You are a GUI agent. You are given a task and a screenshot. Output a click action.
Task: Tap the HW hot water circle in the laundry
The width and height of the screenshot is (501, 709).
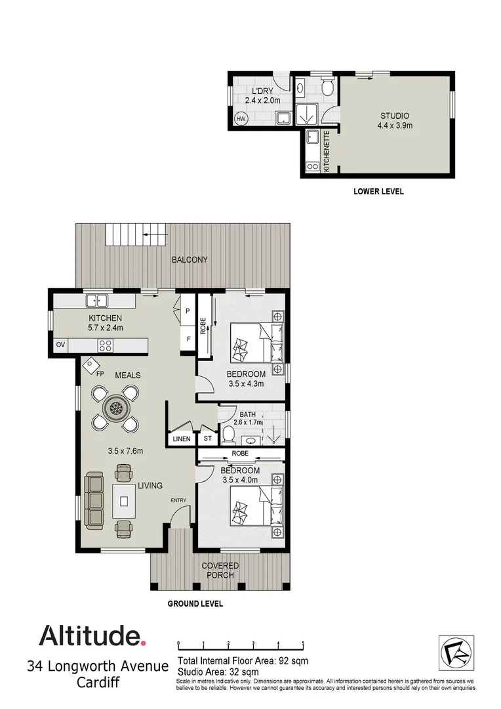(241, 119)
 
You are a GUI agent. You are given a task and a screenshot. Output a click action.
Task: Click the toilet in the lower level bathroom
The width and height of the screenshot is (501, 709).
(328, 87)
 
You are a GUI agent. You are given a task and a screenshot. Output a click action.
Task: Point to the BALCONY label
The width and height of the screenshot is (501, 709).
(190, 260)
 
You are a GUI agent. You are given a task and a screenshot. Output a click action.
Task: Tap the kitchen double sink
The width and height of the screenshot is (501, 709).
(98, 301)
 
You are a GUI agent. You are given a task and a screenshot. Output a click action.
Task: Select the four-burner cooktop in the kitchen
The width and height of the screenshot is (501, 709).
(105, 345)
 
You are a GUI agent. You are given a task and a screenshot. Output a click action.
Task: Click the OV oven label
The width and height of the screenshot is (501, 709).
(60, 345)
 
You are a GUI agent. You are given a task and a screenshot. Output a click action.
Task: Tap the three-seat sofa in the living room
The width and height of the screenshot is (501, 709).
(95, 501)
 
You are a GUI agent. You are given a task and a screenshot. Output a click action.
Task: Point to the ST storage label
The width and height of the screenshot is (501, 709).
(208, 439)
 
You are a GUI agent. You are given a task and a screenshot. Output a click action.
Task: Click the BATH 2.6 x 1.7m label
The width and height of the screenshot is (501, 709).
(248, 418)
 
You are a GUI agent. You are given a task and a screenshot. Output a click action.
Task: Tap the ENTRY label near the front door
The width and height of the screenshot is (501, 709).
(178, 500)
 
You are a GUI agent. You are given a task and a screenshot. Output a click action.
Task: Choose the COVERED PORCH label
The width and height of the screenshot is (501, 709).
(220, 570)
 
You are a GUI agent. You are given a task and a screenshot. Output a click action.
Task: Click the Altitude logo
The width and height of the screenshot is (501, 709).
(91, 635)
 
